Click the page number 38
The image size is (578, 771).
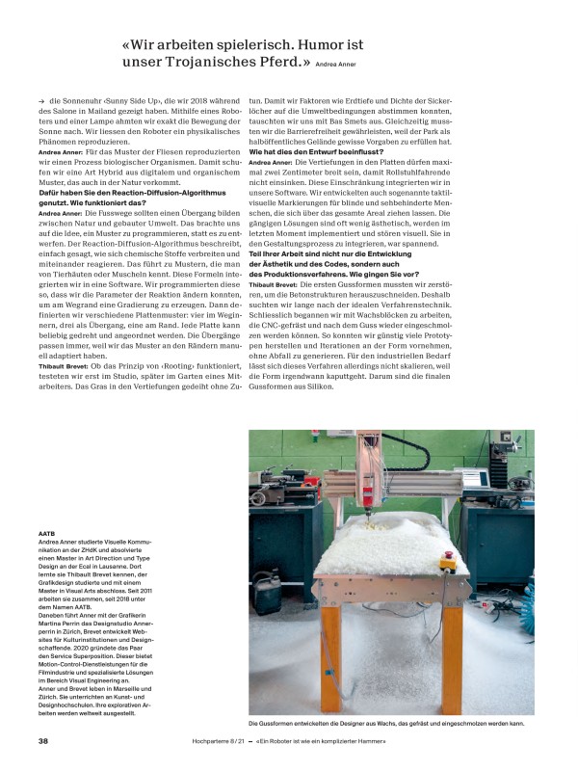[x=43, y=740]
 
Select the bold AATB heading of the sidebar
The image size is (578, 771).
[x=46, y=532]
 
